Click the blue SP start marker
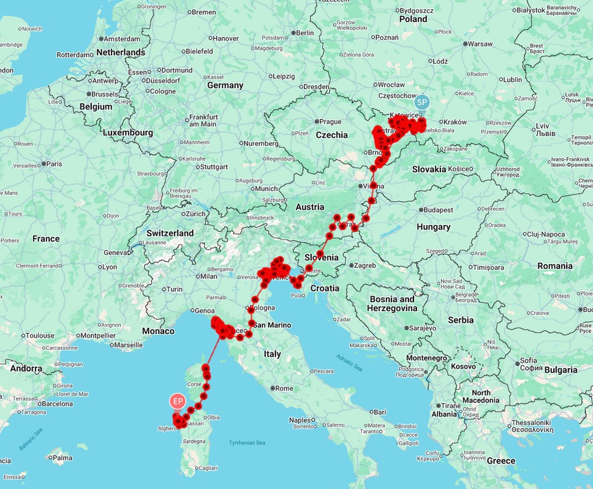423,102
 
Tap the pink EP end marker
178,401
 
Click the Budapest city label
438,210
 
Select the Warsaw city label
481,44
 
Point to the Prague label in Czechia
330,121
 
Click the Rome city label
284,389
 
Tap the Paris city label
55,164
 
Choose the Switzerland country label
170,233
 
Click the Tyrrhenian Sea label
247,442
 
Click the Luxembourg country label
128,132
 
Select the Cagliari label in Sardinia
207,468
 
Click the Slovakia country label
429,169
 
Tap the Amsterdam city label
123,39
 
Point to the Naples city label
300,420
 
